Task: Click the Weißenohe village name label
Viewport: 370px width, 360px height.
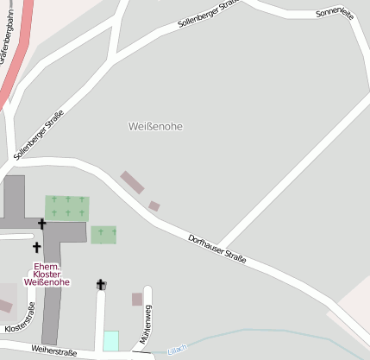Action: point(156,126)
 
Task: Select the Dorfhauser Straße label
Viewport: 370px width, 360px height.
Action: point(217,248)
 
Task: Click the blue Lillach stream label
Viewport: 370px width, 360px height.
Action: point(177,349)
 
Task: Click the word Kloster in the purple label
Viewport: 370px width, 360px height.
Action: point(46,274)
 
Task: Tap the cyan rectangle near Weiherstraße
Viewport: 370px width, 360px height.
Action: point(110,341)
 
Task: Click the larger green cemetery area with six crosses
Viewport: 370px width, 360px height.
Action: point(67,207)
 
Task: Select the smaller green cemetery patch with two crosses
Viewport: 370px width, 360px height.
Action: point(103,234)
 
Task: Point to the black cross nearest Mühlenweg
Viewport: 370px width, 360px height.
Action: point(101,284)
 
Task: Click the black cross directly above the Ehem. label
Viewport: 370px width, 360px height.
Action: point(36,248)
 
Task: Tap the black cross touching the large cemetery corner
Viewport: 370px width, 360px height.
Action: point(41,224)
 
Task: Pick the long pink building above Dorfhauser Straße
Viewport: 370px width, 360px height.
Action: point(132,182)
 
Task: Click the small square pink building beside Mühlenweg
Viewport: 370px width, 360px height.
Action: point(136,300)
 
